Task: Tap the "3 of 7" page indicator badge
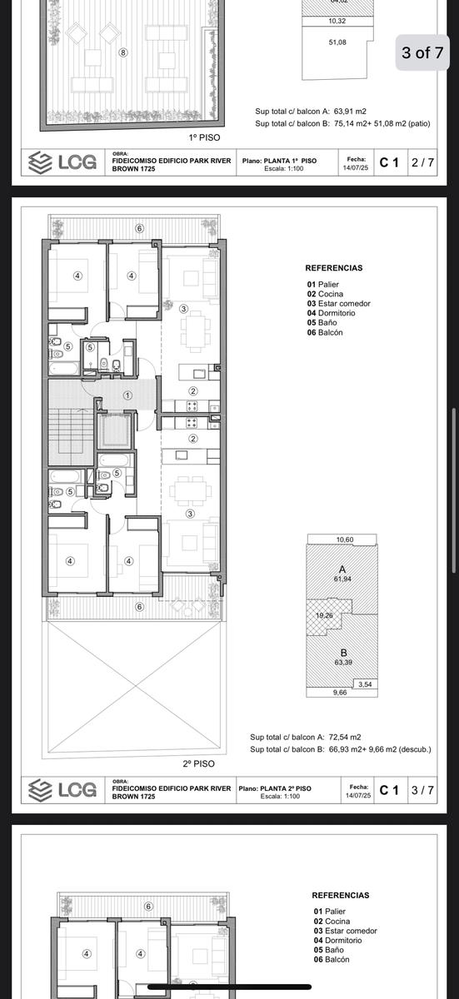coord(422,52)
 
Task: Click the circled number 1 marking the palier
coord(127,395)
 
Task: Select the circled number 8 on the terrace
coord(123,52)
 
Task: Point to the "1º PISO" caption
coord(204,138)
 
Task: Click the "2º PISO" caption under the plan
coord(198,763)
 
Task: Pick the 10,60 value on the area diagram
coord(345,539)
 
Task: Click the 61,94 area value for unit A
coord(342,579)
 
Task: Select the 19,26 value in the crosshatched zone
coord(324,615)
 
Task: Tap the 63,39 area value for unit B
coord(343,663)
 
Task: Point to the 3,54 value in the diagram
coord(365,684)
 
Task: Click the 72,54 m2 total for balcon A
coord(345,738)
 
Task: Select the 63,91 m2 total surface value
coord(350,112)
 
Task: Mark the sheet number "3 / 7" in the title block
coord(422,790)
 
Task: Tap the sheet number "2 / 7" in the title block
coord(422,162)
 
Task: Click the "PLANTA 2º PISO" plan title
coord(286,788)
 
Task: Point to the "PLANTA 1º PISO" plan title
coord(290,161)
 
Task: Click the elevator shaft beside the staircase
coord(115,431)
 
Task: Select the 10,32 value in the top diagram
coord(337,21)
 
